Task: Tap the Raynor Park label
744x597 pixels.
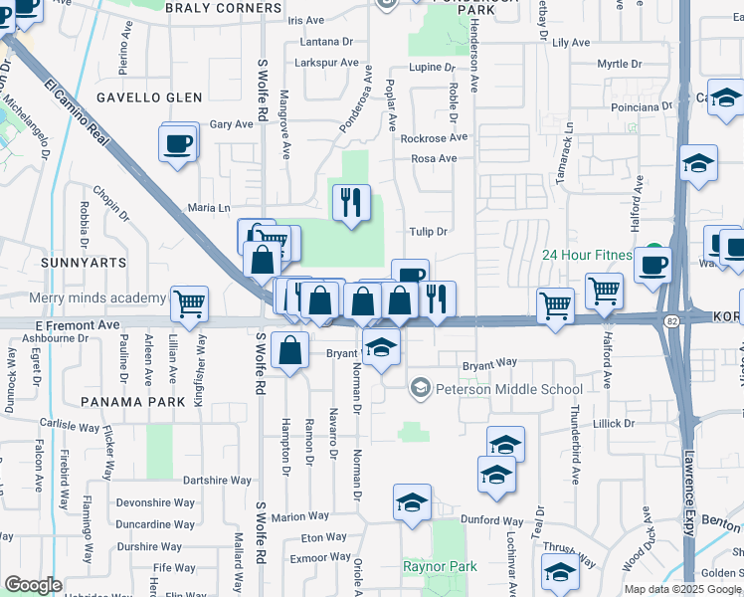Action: click(x=440, y=566)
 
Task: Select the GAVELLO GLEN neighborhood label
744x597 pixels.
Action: click(x=149, y=98)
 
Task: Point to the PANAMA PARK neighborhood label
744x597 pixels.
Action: click(x=133, y=401)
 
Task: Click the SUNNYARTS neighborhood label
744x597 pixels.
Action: click(x=85, y=262)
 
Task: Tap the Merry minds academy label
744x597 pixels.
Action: click(x=97, y=298)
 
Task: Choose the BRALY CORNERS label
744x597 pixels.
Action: click(x=224, y=8)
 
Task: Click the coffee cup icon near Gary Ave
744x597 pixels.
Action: click(x=177, y=143)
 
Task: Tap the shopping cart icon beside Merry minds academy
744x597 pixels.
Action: click(x=189, y=304)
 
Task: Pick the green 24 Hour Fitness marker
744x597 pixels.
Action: click(x=653, y=252)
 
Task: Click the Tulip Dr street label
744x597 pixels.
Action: click(x=429, y=232)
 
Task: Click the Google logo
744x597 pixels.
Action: click(x=33, y=585)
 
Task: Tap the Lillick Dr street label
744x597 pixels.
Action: click(x=613, y=423)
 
